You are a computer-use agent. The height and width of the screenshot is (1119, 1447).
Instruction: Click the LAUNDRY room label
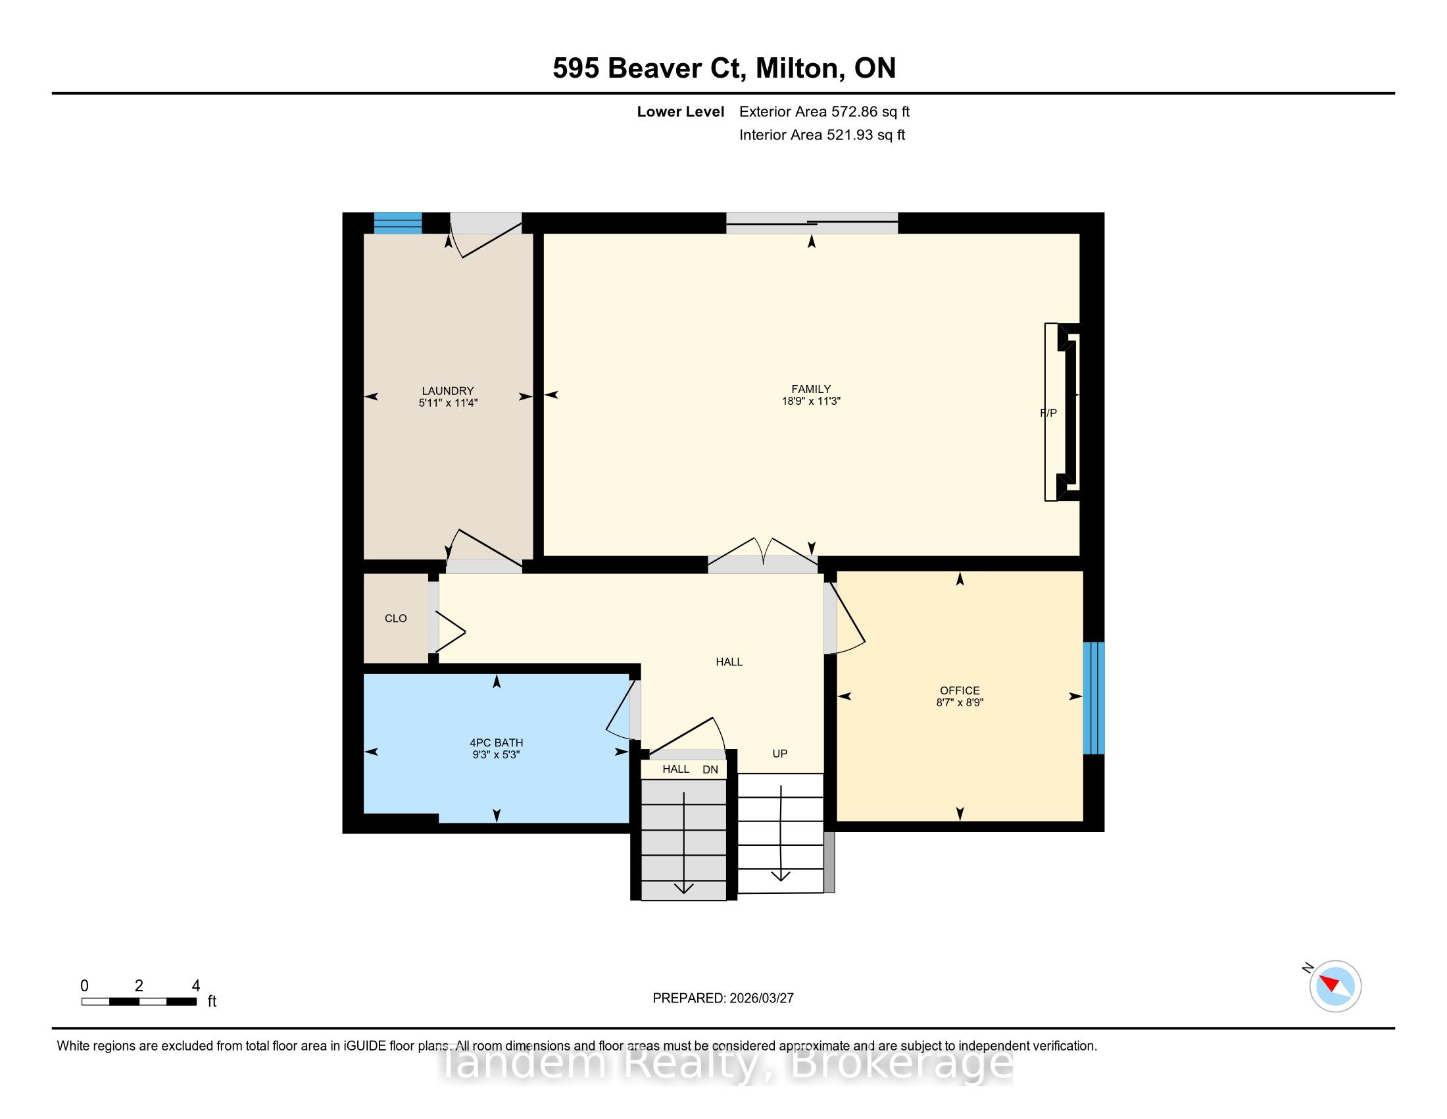[x=448, y=391]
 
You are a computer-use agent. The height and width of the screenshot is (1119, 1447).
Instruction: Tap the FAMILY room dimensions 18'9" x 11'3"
[x=811, y=401]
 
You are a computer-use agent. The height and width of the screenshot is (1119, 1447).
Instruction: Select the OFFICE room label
[x=960, y=690]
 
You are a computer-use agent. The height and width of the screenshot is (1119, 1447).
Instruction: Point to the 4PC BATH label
[x=496, y=743]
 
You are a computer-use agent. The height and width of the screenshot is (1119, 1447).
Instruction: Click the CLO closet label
[x=395, y=619]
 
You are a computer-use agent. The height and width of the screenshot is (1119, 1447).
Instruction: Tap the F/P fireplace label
[x=1048, y=413]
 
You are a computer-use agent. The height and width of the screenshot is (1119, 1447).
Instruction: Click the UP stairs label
[x=780, y=754]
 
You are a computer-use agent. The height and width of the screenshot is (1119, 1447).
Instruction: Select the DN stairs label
[x=710, y=769]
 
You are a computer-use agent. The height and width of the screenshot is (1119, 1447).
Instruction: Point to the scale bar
[x=139, y=1002]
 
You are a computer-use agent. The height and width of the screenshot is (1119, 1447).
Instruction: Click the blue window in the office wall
[x=1093, y=697]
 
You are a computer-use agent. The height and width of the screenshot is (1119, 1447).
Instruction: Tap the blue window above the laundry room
[x=397, y=222]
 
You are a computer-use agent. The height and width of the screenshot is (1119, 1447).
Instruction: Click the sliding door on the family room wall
[x=812, y=222]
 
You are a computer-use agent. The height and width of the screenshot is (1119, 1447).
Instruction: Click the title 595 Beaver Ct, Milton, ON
[x=724, y=68]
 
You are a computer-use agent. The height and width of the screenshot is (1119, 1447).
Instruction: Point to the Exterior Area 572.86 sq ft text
[x=824, y=112]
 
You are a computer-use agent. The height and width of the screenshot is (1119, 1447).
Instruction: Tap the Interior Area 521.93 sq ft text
[x=822, y=135]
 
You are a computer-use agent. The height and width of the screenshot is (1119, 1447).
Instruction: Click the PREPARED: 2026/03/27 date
[x=723, y=999]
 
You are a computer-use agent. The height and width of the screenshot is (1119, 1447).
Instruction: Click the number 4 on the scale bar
[x=195, y=986]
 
